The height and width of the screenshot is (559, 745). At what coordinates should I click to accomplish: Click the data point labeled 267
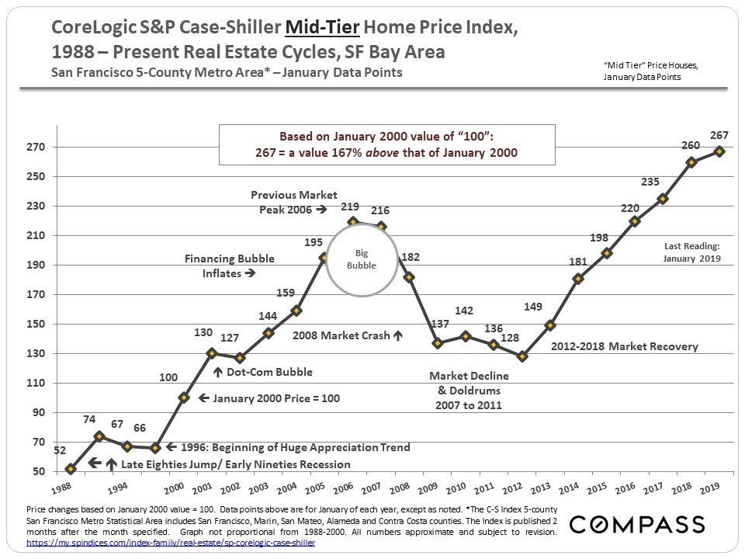(x=719, y=151)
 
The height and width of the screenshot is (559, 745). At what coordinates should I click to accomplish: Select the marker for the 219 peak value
(x=353, y=222)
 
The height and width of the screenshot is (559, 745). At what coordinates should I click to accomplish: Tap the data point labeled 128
(x=522, y=356)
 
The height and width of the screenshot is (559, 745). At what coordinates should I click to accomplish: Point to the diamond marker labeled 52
(x=71, y=468)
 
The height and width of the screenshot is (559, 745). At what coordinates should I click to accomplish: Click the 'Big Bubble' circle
(x=361, y=260)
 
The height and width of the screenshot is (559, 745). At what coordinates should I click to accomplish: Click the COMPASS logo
(x=637, y=524)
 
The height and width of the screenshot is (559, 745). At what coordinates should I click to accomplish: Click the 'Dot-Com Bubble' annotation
(x=269, y=372)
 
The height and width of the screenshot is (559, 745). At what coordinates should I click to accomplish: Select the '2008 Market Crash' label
(x=342, y=336)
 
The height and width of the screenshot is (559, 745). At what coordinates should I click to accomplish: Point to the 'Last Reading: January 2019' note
(x=692, y=252)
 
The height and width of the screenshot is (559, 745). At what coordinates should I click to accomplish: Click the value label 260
(x=691, y=145)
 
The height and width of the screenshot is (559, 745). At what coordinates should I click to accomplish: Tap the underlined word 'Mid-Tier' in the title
(x=322, y=29)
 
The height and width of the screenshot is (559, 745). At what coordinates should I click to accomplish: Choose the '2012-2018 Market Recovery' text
(x=625, y=346)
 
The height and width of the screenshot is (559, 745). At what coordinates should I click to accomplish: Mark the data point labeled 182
(x=409, y=277)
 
